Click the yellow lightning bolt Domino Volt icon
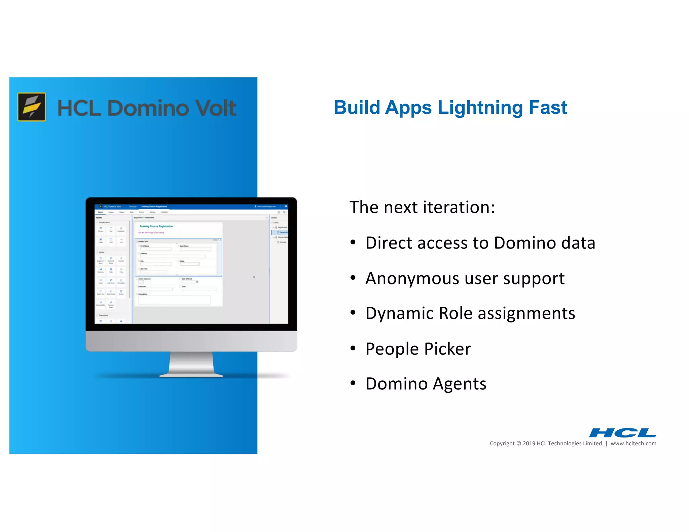32,107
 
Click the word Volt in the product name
216,108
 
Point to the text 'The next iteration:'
422,207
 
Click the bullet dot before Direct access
353,242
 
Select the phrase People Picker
418,349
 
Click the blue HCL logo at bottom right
622,432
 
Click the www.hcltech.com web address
633,444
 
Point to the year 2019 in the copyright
529,444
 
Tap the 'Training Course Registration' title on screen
156,226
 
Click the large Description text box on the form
174,300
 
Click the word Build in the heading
357,108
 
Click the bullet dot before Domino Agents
353,383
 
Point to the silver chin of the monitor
191,341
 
